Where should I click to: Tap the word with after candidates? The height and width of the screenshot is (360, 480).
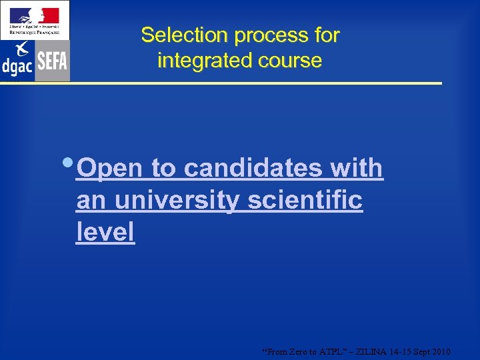[x=356, y=169]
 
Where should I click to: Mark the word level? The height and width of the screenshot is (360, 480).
[x=105, y=231]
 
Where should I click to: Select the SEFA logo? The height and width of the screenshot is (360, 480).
[x=52, y=61]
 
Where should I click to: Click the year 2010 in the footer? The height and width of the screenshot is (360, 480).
[x=441, y=351]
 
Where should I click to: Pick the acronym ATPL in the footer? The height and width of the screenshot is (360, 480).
[x=327, y=351]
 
